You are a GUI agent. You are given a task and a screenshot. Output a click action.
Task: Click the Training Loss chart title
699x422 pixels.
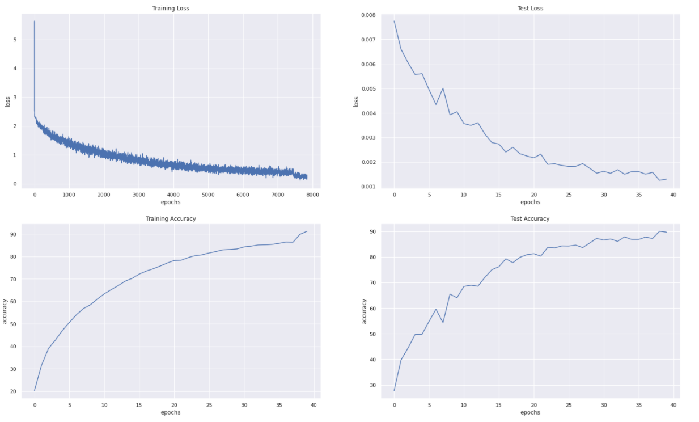[171, 9]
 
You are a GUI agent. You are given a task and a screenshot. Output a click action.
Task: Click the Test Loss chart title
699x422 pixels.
[530, 9]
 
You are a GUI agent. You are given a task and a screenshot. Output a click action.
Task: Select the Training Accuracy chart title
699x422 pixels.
[171, 218]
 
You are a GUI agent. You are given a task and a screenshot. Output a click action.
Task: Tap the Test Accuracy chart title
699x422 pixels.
[530, 218]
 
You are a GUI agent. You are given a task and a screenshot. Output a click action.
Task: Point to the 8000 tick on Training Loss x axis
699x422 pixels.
[313, 195]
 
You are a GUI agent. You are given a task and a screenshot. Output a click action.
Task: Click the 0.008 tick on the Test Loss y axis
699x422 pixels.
[368, 15]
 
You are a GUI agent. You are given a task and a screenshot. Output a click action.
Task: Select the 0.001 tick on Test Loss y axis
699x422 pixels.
[368, 187]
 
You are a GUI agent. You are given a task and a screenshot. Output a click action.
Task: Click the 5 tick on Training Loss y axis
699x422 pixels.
[23, 40]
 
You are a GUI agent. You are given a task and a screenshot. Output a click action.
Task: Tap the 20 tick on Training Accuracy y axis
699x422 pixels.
[20, 391]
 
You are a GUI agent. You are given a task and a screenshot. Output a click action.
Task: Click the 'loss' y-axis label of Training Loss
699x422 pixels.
[7, 102]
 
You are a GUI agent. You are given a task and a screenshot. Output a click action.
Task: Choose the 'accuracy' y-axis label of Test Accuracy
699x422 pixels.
[364, 311]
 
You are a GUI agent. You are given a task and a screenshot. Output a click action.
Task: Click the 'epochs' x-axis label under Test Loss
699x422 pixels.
[530, 202]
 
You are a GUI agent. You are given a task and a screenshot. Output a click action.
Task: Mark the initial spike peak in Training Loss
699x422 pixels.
[35, 22]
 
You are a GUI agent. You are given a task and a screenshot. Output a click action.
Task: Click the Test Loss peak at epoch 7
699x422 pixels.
[443, 88]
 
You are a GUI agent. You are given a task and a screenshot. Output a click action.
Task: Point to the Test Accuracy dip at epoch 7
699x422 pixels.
[443, 322]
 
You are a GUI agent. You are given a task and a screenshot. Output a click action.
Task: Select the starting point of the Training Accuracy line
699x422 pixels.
[35, 390]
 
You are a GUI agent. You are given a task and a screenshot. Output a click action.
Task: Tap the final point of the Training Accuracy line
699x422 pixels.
[307, 231]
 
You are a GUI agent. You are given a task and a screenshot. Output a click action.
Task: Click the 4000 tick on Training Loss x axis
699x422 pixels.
[173, 195]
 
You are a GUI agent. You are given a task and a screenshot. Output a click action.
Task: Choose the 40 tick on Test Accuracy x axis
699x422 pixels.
[673, 404]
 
